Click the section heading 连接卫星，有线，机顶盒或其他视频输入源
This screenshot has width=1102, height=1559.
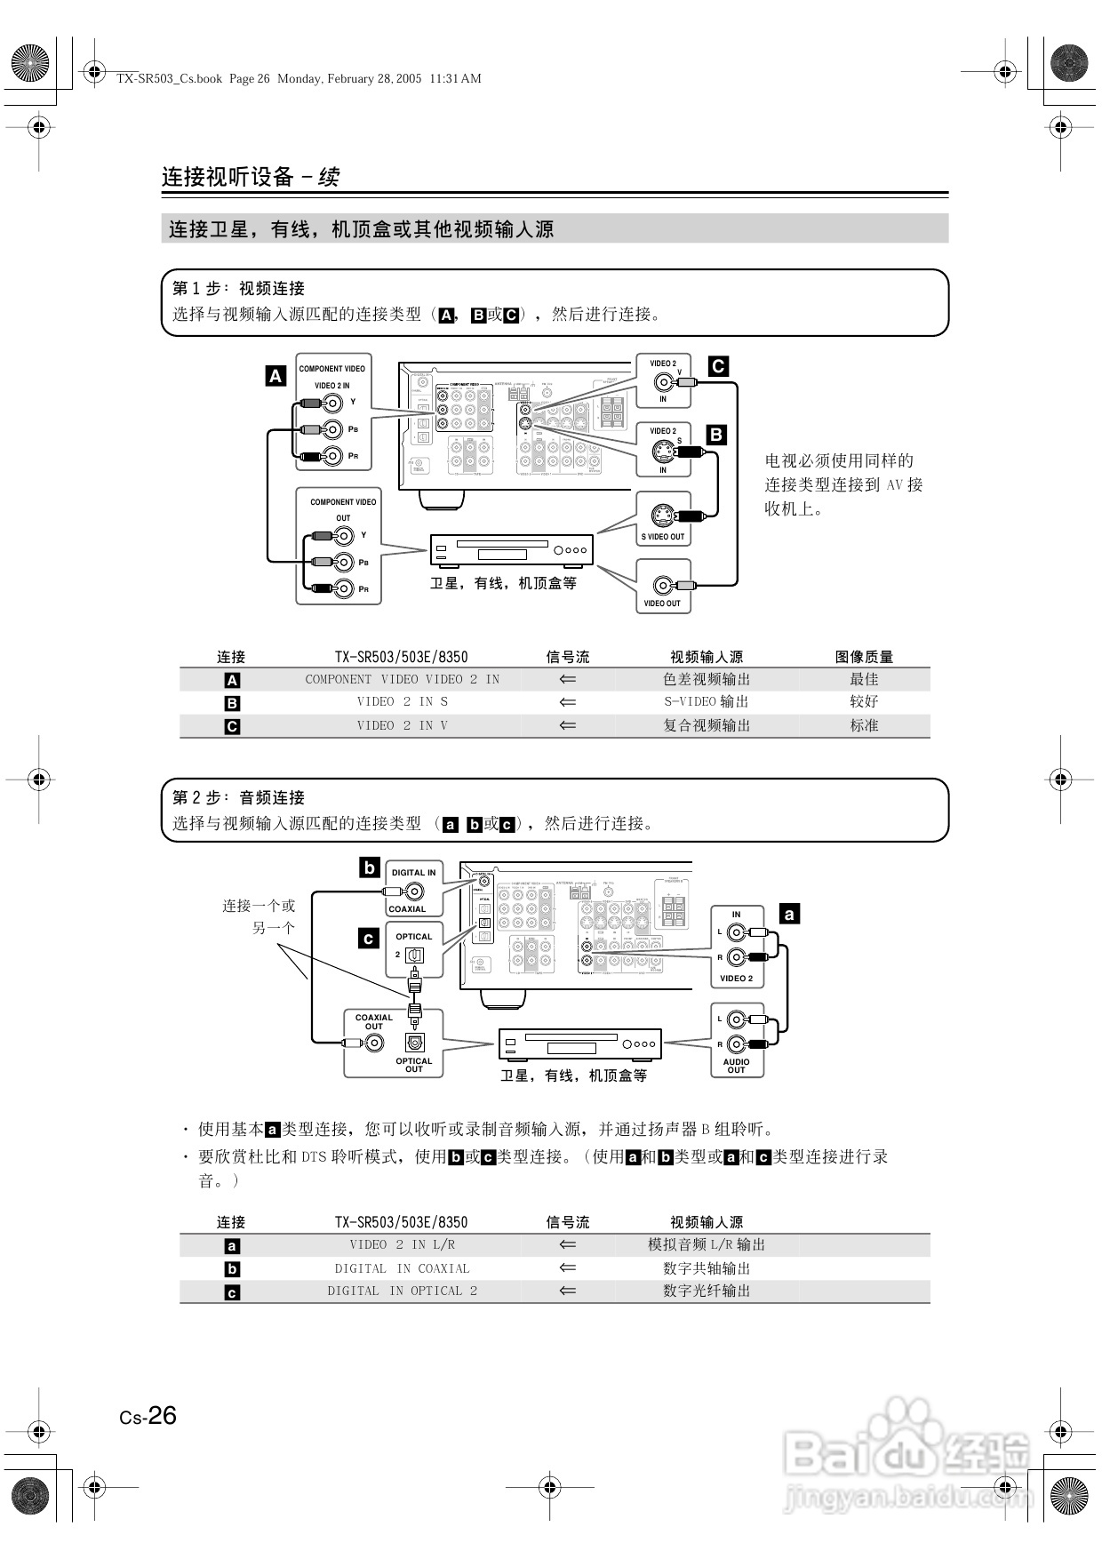coord(361,229)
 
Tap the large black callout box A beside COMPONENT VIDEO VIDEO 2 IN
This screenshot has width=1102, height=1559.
coord(275,376)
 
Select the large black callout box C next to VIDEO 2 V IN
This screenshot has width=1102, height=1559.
coord(718,365)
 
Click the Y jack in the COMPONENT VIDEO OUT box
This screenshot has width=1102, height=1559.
coord(344,535)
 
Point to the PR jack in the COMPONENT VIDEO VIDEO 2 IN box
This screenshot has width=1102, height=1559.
coord(332,456)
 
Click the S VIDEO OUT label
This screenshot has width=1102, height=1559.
coord(663,537)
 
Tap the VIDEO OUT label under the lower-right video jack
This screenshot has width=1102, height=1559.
coord(662,604)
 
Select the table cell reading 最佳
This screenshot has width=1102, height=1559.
coord(864,679)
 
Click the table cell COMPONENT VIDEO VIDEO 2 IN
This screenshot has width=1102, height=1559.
coord(402,679)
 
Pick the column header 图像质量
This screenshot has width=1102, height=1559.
coord(864,657)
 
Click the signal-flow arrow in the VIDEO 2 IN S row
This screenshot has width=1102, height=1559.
coord(568,702)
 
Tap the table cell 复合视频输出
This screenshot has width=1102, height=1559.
coord(707,725)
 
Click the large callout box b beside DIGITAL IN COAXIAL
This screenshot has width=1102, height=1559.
coord(370,867)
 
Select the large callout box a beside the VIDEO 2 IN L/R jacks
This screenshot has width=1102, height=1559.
coord(788,913)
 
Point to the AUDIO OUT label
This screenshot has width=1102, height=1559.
coord(736,1066)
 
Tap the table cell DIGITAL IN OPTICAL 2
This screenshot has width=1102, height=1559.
coord(402,1291)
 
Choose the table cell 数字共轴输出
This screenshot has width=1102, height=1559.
coord(707,1268)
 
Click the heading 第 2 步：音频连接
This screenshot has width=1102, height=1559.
coord(238,797)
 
